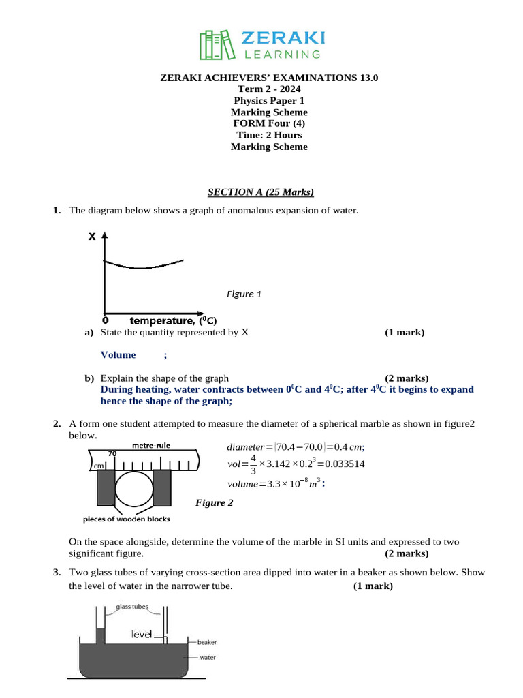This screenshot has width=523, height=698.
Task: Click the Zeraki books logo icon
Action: (216, 44)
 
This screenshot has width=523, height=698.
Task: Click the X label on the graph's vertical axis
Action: (91, 238)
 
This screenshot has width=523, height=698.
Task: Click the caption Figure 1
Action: (244, 294)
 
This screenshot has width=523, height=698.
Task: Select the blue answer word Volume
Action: (118, 354)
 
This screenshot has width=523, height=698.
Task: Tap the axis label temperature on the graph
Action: (161, 320)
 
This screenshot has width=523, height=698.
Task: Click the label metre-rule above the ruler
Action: (151, 445)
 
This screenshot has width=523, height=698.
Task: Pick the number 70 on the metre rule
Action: (112, 453)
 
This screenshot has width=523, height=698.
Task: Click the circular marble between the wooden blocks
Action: (135, 488)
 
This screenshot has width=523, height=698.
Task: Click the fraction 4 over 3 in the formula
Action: (253, 464)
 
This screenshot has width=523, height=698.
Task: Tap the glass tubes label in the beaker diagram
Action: (131, 608)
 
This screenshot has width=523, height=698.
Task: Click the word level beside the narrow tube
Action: (142, 635)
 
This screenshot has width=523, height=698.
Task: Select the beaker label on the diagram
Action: (206, 642)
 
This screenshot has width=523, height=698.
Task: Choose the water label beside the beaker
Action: (208, 658)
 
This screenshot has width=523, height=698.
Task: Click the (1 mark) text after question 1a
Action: (404, 332)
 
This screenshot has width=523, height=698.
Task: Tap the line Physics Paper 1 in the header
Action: (268, 101)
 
